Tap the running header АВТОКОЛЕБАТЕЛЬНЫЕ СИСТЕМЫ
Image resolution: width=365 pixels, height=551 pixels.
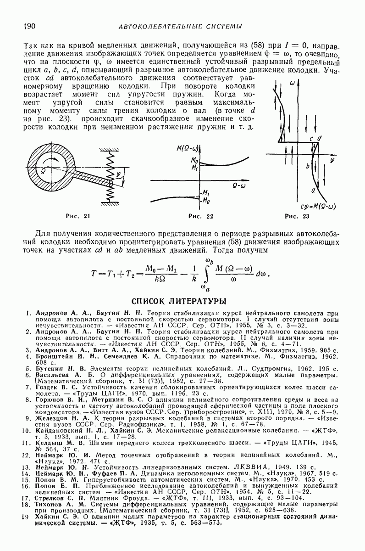point(180,27)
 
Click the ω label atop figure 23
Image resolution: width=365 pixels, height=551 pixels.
point(292,83)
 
